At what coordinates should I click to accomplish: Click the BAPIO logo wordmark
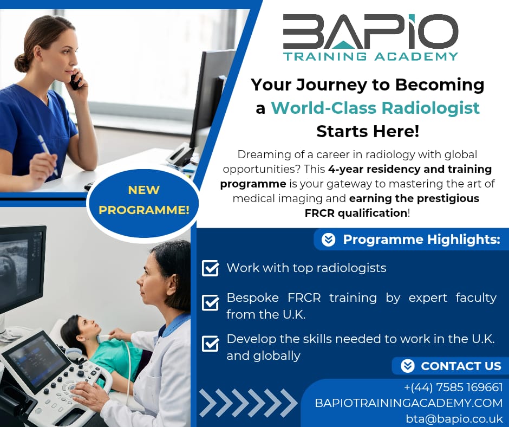point(370,31)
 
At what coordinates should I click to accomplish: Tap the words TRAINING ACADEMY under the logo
point(370,56)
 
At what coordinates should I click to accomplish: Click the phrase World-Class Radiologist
point(375,108)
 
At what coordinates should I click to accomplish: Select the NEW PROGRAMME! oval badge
point(143,200)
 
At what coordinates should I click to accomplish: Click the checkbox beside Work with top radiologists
point(210,268)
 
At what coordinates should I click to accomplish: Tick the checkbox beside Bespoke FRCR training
point(210,302)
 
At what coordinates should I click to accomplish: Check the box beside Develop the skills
point(210,344)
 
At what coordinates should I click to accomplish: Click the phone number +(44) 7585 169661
point(453,387)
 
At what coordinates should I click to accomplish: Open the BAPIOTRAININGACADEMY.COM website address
point(409,403)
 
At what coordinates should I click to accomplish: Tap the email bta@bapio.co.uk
point(454,418)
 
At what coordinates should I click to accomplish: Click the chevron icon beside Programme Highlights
point(328,240)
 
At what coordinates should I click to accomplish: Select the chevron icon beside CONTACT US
point(407,366)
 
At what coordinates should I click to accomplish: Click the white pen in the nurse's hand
point(48,155)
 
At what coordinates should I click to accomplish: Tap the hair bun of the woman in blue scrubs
point(22,62)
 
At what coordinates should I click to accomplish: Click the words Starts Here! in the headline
point(368,132)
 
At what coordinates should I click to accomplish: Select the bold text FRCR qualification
point(356,213)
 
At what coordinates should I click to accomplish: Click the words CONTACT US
point(461,366)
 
